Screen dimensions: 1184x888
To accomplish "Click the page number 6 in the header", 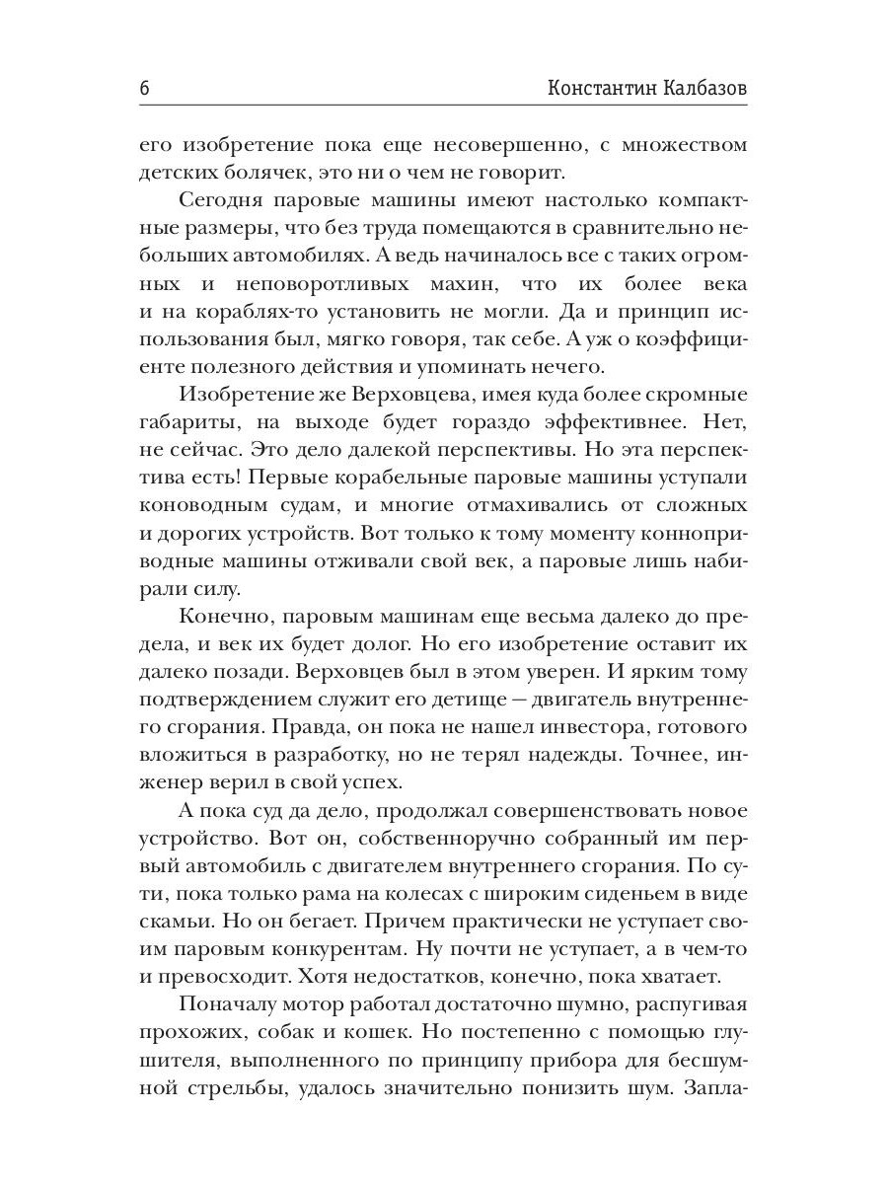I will click(145, 88).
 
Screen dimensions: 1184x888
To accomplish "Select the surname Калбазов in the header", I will click(704, 88).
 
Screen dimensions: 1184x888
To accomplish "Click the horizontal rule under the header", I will click(443, 106).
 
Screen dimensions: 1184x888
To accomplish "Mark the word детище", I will click(475, 701).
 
